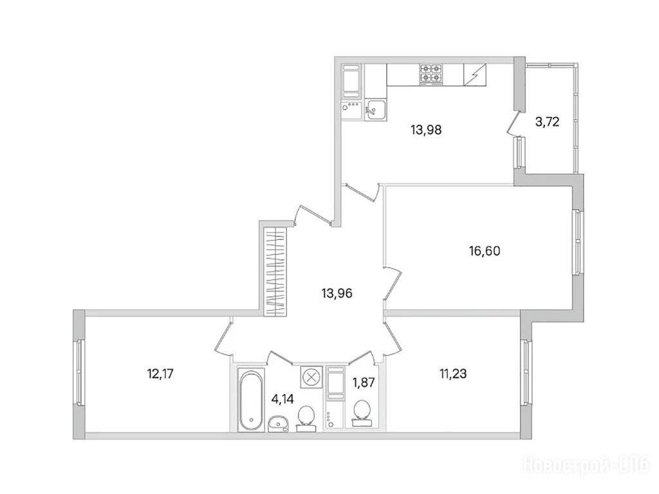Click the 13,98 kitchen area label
426,130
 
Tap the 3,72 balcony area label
547,122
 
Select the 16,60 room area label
485,251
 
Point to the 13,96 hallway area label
337,293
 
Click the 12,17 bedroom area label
160,373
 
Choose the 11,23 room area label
453,373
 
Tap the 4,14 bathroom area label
283,399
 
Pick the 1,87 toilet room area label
364,382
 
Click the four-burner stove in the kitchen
431,75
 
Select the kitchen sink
375,109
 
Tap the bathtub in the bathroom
251,399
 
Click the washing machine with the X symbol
311,377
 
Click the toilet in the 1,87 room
362,414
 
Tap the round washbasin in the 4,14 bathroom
278,423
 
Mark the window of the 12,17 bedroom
79,372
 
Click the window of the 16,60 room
579,242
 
